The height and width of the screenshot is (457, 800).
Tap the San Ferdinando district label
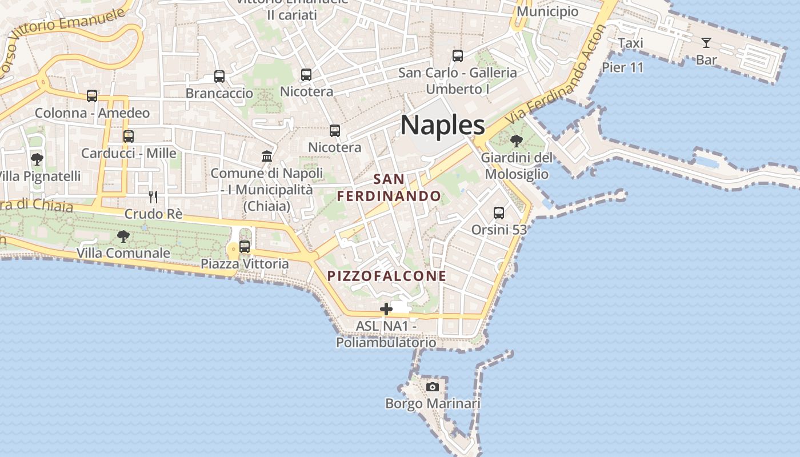389,188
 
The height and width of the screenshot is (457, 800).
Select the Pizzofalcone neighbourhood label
387,276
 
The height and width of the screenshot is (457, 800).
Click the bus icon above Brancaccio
219,76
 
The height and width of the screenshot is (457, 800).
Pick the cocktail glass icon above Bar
706,43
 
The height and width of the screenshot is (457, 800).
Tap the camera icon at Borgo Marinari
433,387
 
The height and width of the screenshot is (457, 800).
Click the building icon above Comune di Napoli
266,156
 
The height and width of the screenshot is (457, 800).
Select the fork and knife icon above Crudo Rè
153,197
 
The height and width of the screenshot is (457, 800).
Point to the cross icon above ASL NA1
386,309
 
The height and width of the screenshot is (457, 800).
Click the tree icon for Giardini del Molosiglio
517,141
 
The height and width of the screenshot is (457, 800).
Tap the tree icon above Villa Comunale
123,236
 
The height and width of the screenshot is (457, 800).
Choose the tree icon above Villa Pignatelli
37,159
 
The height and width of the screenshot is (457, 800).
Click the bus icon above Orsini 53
499,213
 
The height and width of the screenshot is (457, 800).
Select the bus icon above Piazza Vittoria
245,247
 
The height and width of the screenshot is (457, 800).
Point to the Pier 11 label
623,67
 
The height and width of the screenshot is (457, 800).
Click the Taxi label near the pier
631,43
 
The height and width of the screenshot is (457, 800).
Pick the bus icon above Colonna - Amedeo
92,96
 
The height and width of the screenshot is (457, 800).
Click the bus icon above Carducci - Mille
129,137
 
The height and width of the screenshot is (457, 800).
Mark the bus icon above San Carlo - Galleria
458,56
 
